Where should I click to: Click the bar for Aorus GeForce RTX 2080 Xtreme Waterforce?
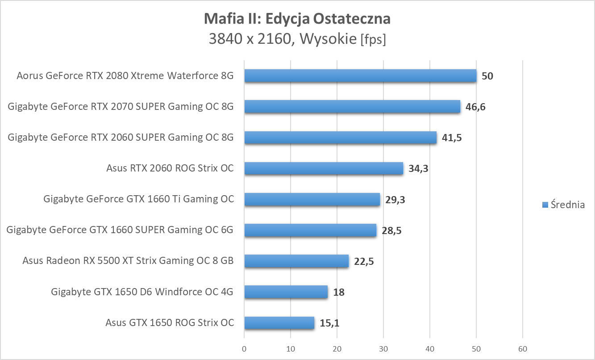(x=360, y=76)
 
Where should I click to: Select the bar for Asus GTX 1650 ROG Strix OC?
(x=279, y=322)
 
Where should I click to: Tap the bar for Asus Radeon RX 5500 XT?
(x=296, y=261)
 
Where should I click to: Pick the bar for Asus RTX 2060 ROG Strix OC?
(x=324, y=168)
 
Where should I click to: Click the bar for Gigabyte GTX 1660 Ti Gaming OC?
(x=312, y=199)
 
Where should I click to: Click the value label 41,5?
(x=452, y=138)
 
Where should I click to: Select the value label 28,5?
(x=392, y=230)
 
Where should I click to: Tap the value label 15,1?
(x=329, y=323)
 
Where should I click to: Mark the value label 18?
(x=339, y=292)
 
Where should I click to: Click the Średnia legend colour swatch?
(x=545, y=205)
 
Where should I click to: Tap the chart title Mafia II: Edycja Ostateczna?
(x=297, y=19)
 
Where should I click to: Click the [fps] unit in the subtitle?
(x=373, y=40)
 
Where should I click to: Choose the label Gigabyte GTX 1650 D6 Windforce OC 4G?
(x=142, y=292)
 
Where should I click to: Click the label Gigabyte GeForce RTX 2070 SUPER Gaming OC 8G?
(x=121, y=107)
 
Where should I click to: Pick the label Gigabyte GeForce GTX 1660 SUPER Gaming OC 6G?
(x=120, y=230)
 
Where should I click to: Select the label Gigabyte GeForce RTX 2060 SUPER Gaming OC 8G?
(x=121, y=138)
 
